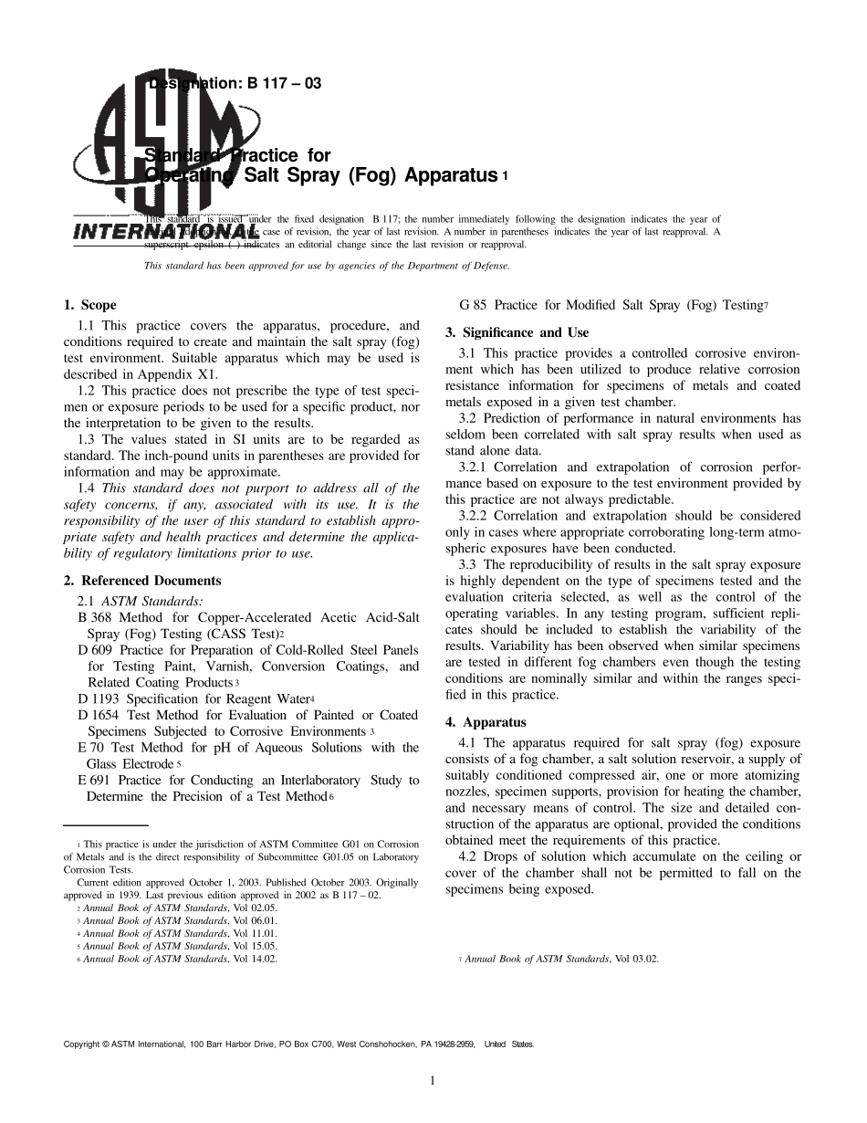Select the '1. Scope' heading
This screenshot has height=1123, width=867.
(89, 305)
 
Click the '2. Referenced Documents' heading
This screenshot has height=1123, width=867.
(142, 581)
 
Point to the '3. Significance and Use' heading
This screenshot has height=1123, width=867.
(517, 332)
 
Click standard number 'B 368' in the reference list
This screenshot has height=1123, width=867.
(95, 618)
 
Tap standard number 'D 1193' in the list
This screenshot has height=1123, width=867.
(99, 699)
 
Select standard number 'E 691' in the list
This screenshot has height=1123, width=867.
(95, 781)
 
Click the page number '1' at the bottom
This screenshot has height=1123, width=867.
(433, 1081)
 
